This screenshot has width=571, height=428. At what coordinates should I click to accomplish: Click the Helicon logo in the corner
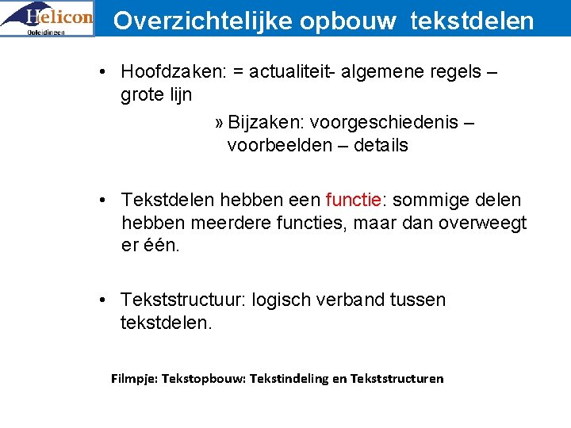click(x=48, y=18)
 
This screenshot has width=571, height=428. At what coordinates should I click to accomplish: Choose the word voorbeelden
click(x=278, y=145)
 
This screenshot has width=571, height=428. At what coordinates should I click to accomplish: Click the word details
click(x=381, y=145)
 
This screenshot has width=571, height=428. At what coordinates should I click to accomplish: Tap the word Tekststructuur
click(x=183, y=300)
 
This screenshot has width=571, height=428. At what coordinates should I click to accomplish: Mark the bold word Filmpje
click(x=134, y=378)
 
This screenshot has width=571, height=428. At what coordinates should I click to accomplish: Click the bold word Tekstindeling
click(x=289, y=378)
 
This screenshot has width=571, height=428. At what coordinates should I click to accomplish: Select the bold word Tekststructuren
click(x=397, y=378)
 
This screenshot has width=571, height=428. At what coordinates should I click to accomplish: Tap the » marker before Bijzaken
click(x=219, y=123)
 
